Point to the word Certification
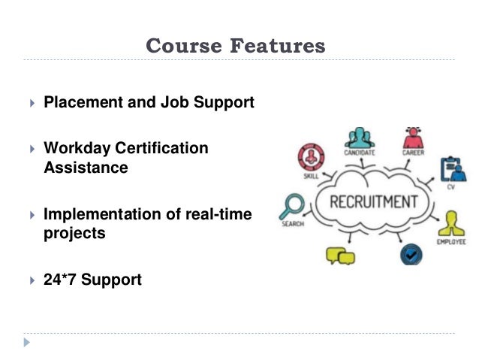[x=161, y=148]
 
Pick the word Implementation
[x=104, y=214]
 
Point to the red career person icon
[x=413, y=138]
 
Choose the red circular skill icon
[x=311, y=159]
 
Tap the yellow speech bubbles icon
[x=340, y=256]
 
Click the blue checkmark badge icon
[x=411, y=254]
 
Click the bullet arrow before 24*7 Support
[x=32, y=280]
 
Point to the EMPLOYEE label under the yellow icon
[x=451, y=242]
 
